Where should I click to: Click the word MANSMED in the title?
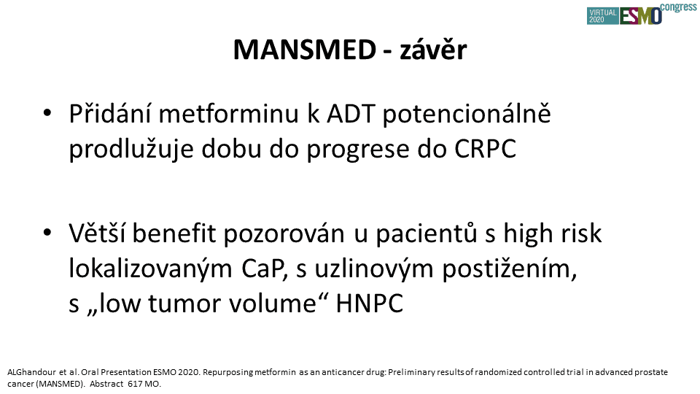click(x=305, y=50)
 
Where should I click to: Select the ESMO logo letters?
click(x=640, y=16)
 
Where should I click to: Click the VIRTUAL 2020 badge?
click(x=603, y=16)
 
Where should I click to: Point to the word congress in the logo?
click(x=678, y=7)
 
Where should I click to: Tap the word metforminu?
click(x=228, y=114)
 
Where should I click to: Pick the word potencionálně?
click(x=467, y=115)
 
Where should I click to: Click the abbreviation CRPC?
click(x=486, y=149)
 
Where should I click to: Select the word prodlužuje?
click(x=131, y=149)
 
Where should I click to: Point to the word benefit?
click(x=174, y=233)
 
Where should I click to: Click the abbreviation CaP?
click(x=264, y=269)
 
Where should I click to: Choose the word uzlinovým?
click(x=374, y=269)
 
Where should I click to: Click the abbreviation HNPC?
click(x=370, y=304)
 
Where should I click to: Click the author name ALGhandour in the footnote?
click(x=31, y=372)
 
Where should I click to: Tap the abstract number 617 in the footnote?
click(x=135, y=384)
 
